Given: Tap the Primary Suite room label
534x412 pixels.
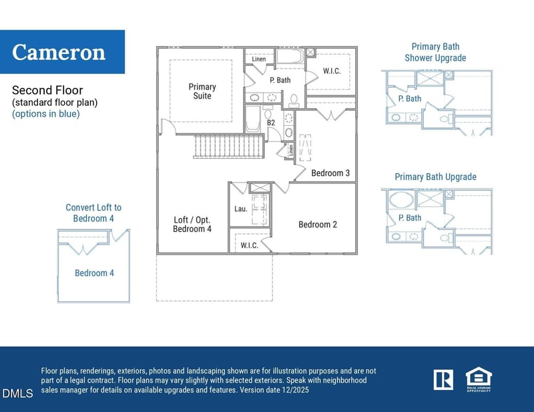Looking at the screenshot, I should pos(202,91).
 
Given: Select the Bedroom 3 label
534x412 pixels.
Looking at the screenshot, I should pos(330,173).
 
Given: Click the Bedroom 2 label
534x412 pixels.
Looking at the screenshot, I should pos(318,225).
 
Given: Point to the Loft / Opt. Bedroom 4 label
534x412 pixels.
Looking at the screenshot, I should pos(192,224).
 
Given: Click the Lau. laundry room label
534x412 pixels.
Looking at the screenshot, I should pos(241,209).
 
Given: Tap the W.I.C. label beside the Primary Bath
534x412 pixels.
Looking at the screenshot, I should pos(332,71).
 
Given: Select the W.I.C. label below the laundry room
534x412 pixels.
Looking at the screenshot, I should pos(249,246).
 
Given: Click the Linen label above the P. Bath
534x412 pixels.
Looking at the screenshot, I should pos(259,59).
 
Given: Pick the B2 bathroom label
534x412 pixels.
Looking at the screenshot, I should pos(271,123).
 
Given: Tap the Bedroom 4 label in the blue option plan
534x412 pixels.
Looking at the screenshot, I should pos(94,273).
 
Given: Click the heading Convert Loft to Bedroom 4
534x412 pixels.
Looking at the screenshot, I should pos(93,213).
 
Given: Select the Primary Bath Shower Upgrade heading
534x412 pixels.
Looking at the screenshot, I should pos(435,53).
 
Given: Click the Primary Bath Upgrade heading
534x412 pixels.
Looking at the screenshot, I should pos(435,177).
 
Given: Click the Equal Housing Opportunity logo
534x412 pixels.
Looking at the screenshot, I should pos(478,379).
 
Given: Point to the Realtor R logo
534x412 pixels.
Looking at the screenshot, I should pos(443,379).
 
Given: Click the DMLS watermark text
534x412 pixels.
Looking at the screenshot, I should pos(17,394).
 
